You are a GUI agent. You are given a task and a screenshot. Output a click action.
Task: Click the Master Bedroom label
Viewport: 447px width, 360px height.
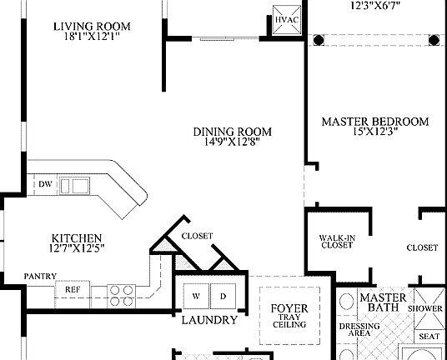[x=375, y=122]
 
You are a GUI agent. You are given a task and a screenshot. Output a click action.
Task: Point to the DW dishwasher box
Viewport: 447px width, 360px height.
[x=45, y=185]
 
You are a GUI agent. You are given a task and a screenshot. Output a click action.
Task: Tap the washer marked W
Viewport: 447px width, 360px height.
[x=196, y=296]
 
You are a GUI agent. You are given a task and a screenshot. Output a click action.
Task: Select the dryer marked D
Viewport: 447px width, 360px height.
[x=223, y=296]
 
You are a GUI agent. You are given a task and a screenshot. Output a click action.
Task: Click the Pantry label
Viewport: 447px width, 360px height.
[x=40, y=276]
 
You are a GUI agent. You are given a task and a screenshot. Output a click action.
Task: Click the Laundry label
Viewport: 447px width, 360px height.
[x=209, y=320]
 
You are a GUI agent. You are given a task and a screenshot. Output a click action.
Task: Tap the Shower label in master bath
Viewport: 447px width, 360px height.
[x=424, y=307]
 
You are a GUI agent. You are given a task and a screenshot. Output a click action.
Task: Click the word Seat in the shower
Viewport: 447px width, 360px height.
[x=429, y=336]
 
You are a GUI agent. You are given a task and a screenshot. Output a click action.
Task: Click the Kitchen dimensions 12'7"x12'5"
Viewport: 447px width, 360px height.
[x=76, y=248]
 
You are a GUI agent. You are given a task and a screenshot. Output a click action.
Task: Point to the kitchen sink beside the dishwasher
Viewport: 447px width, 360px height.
[x=79, y=185]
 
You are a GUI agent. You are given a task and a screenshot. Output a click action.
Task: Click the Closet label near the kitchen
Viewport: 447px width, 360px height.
[x=197, y=236]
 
